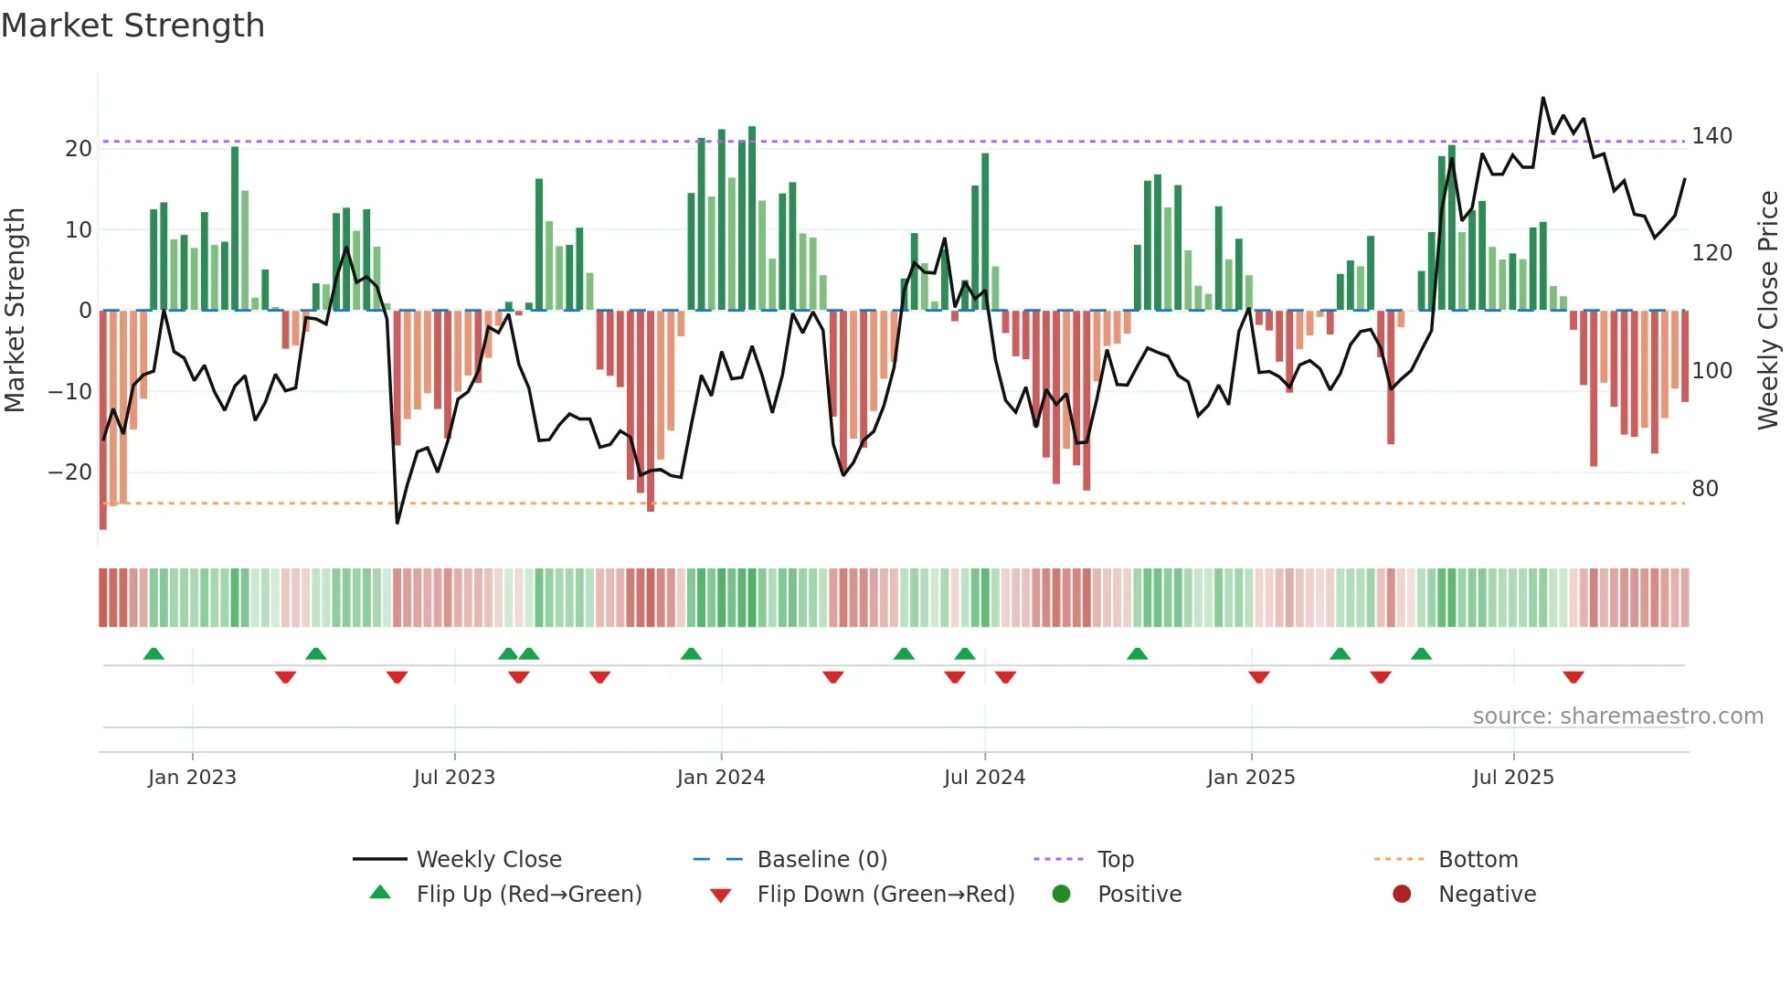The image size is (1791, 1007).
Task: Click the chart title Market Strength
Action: [132, 26]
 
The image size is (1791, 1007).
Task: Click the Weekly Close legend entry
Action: [488, 859]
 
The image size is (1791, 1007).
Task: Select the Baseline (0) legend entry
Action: [821, 859]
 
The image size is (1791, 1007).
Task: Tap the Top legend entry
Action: [1115, 859]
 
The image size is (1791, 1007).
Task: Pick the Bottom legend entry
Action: [1478, 859]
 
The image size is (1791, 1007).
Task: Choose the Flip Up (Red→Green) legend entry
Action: [528, 894]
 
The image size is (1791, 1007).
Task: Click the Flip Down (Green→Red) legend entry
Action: [885, 894]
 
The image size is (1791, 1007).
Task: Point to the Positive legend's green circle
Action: [1061, 894]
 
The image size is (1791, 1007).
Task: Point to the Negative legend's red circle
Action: [1402, 894]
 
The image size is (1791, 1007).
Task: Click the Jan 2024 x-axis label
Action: [721, 777]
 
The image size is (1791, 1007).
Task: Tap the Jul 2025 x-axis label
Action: [1513, 777]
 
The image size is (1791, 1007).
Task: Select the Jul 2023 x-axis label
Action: [454, 777]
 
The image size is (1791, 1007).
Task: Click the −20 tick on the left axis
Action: [70, 472]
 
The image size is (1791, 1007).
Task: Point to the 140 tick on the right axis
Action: [1712, 136]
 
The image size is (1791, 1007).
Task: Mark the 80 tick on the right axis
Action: [1704, 488]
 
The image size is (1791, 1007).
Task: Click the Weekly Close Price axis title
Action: [1768, 311]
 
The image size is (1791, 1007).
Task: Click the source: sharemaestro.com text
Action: [1617, 715]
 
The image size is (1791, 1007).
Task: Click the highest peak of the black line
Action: [1543, 98]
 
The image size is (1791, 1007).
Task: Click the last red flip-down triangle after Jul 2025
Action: [1573, 677]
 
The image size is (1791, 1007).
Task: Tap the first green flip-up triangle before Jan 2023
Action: [154, 653]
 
